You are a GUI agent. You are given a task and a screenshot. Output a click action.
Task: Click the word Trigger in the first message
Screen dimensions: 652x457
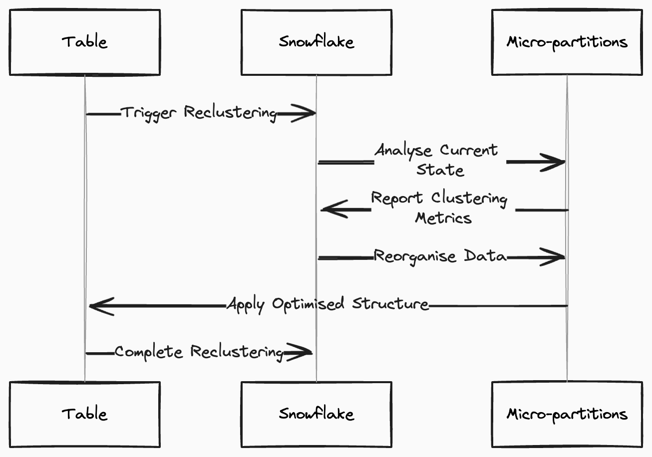pos(148,113)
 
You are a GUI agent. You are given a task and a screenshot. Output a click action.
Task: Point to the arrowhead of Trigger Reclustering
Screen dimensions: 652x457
pos(304,113)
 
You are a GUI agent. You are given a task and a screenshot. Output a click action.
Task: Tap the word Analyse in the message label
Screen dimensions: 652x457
pos(403,151)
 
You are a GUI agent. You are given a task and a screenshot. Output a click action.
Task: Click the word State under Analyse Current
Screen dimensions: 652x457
pos(440,170)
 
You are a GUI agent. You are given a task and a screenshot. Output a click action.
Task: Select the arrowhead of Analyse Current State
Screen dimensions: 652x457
pos(553,162)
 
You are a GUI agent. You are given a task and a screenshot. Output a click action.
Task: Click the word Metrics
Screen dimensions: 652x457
pos(443,218)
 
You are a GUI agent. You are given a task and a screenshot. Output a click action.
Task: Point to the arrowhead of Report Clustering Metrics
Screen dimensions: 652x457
pos(334,209)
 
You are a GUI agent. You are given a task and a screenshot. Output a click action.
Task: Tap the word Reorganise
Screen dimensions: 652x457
pos(415,257)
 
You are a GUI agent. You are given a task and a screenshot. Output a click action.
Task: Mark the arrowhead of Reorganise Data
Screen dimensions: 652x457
pos(553,257)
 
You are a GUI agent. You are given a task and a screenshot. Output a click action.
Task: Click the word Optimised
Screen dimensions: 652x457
pos(308,304)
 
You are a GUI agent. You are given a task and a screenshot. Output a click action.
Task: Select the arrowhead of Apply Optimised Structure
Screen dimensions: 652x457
pos(102,306)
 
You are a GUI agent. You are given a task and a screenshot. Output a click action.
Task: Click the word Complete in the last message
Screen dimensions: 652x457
pos(149,352)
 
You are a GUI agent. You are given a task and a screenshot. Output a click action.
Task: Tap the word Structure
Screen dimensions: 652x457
pos(390,303)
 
